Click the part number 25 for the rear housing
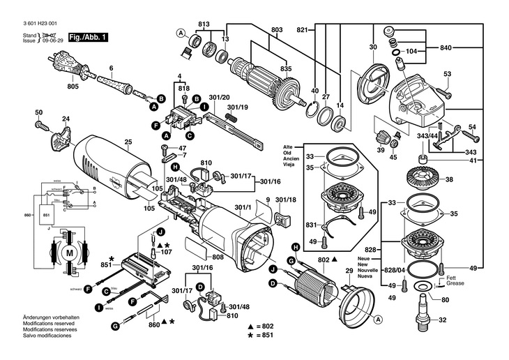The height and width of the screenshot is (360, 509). click(128, 143)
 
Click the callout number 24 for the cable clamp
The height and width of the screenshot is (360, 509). click(66, 119)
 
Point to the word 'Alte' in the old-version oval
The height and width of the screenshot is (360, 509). click(288, 147)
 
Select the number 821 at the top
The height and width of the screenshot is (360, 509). click(302, 30)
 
